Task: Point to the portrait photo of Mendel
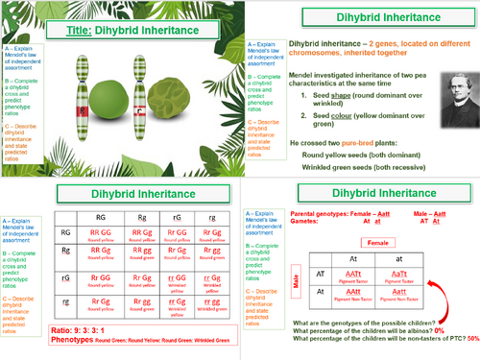pos(452,92)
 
